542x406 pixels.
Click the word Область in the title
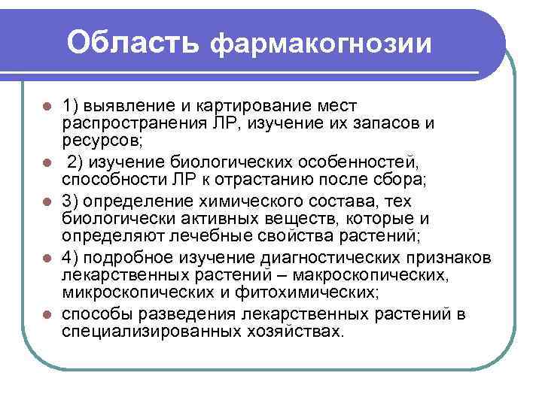[132, 42]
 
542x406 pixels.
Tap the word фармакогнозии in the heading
[320, 44]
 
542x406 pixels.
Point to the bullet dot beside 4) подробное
[47, 258]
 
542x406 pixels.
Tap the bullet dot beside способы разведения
[47, 315]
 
